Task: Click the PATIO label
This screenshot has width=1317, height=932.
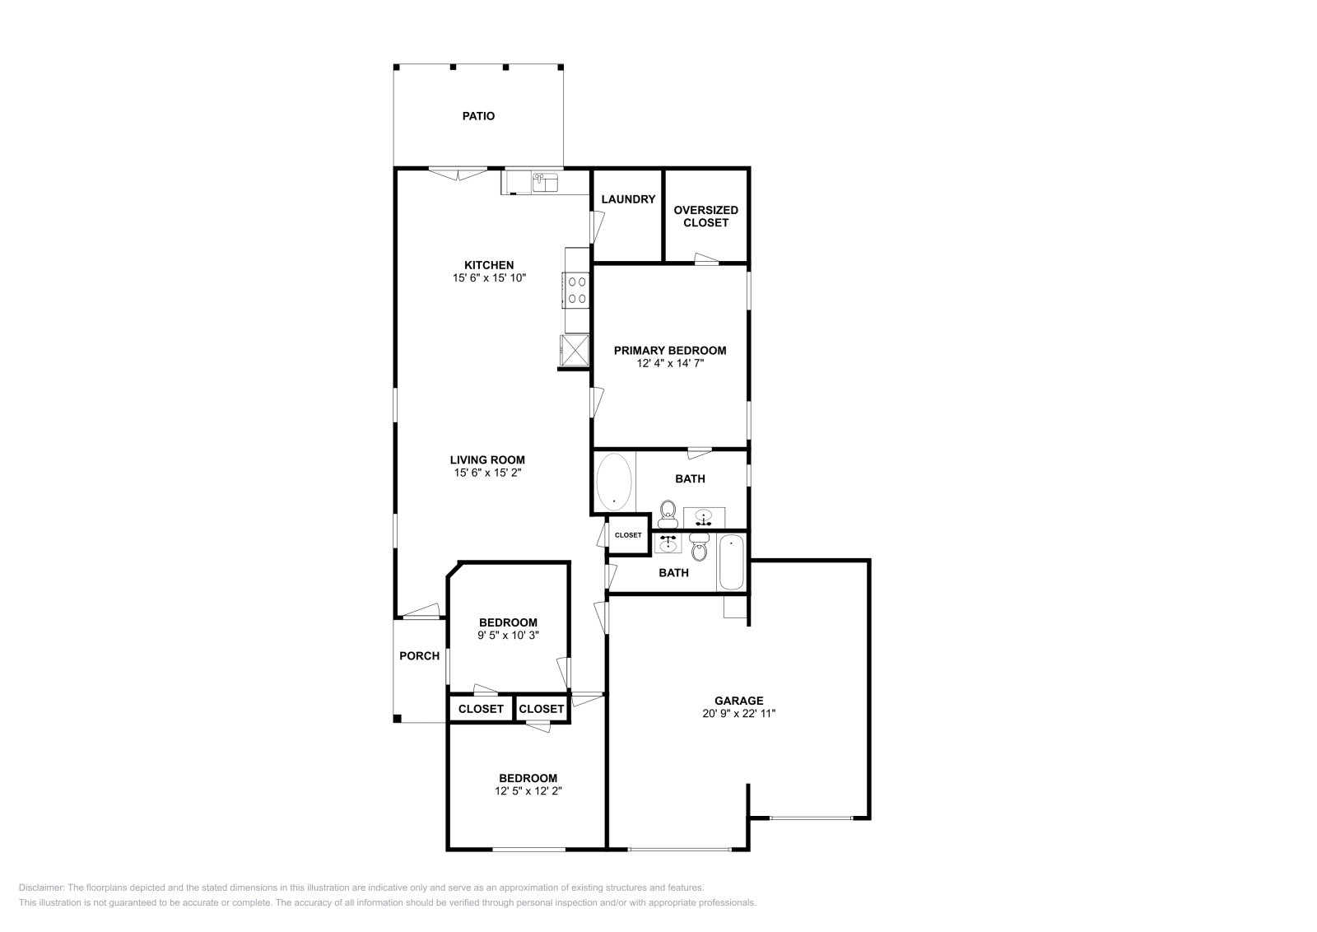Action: [478, 116]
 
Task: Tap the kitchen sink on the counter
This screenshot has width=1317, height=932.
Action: [544, 182]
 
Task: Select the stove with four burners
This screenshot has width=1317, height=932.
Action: [576, 289]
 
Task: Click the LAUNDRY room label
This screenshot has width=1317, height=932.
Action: [628, 199]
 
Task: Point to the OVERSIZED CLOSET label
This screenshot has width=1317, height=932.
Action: [705, 216]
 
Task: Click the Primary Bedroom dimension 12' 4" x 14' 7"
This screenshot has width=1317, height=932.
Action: [670, 362]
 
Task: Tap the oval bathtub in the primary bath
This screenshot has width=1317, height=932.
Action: [614, 481]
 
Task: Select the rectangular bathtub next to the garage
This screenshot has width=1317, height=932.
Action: [732, 562]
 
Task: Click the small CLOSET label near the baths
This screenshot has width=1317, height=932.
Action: [628, 535]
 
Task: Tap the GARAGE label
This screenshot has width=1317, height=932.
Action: [738, 701]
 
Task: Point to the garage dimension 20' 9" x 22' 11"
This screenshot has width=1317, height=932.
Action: [738, 714]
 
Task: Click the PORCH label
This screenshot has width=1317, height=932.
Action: [419, 656]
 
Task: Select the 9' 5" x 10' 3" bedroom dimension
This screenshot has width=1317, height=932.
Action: [508, 635]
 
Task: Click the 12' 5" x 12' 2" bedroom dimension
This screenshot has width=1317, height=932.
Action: [528, 790]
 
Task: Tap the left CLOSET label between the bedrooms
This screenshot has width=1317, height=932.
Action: [481, 709]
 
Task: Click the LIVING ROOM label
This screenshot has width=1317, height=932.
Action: [487, 460]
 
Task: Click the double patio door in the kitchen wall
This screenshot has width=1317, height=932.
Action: [458, 174]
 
